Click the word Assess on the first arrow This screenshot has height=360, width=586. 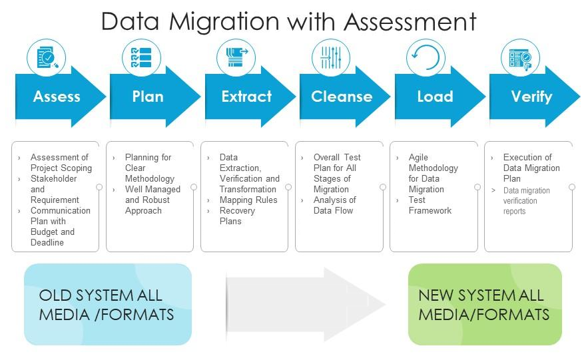[57, 96]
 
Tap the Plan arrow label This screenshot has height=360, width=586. [147, 96]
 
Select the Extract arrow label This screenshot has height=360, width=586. [246, 96]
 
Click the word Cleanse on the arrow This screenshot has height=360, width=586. [342, 96]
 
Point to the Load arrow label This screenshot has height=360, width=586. [435, 96]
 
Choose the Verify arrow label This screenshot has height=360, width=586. [531, 96]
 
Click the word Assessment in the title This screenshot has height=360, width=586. [410, 21]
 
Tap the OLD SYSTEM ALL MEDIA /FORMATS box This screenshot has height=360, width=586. [107, 304]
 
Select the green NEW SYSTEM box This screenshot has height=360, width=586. [484, 304]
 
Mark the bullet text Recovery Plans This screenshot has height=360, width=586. [237, 216]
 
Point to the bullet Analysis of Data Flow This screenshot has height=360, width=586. [334, 205]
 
